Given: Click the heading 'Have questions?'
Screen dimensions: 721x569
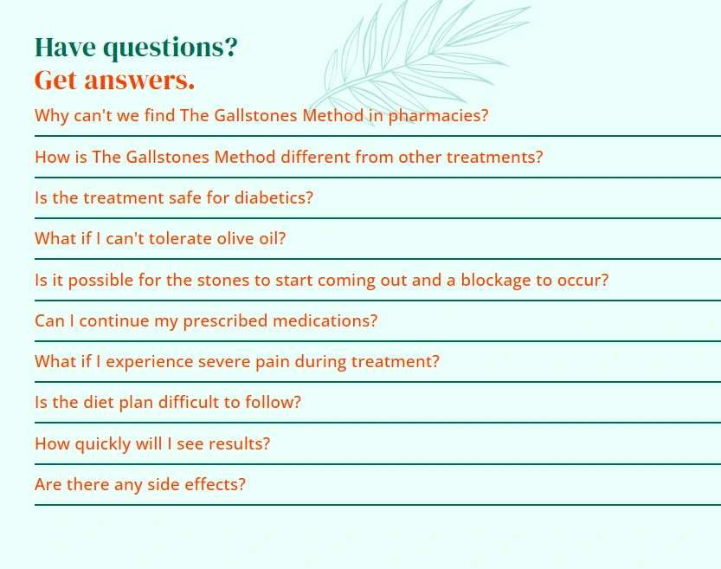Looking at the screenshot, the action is pyautogui.click(x=136, y=48).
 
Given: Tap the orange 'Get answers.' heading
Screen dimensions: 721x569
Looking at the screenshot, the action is pyautogui.click(x=114, y=80).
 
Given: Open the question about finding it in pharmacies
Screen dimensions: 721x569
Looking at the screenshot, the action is pyautogui.click(x=261, y=115).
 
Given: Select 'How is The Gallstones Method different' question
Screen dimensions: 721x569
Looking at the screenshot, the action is pyautogui.click(x=289, y=157).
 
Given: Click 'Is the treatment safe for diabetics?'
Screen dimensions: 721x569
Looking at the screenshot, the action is pyautogui.click(x=174, y=197).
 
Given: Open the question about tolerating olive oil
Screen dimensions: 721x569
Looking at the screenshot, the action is pyautogui.click(x=160, y=239).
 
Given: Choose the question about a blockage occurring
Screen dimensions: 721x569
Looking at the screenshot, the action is pyautogui.click(x=321, y=280).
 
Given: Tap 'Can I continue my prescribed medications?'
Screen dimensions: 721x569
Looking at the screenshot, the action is pyautogui.click(x=206, y=321).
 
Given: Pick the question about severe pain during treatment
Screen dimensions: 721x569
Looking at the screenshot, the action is pyautogui.click(x=237, y=362).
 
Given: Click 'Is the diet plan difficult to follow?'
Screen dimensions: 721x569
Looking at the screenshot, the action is pyautogui.click(x=168, y=403).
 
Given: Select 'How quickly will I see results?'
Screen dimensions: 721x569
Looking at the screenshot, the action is pyautogui.click(x=152, y=444).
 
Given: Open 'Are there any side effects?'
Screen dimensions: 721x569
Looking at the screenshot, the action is pyautogui.click(x=140, y=484).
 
